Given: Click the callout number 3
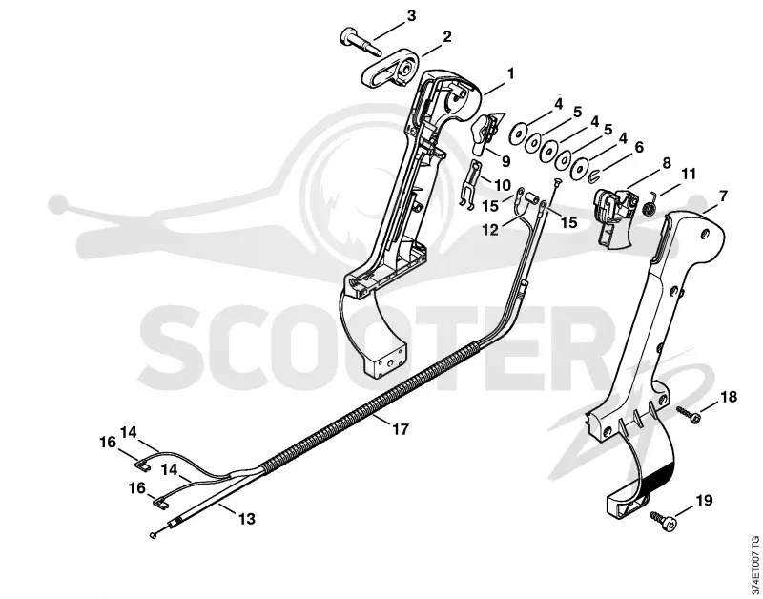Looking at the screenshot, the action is [411, 15].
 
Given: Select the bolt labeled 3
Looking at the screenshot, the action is [360, 41].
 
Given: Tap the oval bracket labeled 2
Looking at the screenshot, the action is [389, 72].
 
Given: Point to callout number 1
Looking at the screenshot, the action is [510, 74].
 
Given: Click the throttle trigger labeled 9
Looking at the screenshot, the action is [485, 133].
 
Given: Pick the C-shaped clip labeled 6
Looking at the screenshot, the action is [592, 175].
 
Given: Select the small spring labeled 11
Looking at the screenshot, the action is [650, 204].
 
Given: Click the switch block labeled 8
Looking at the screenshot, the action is [615, 217].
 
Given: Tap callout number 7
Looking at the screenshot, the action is [723, 196].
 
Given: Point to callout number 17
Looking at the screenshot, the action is [401, 429].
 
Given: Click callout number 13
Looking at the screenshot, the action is [247, 519].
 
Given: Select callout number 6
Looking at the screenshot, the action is [639, 147].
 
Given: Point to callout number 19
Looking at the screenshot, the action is [704, 500].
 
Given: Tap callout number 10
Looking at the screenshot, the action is [503, 185].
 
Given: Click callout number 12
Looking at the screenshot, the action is [490, 230].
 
